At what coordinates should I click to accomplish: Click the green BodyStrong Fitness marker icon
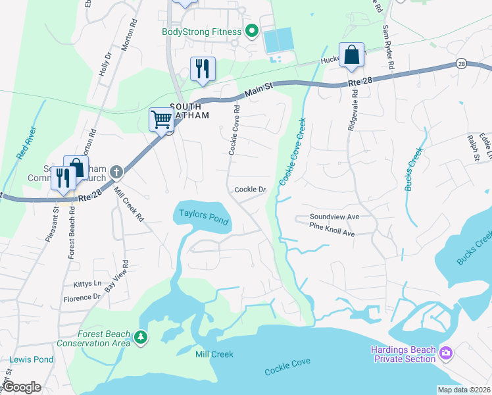coord(251,32)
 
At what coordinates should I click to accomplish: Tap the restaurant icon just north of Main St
coord(202,68)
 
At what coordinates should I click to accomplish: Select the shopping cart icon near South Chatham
coord(161,119)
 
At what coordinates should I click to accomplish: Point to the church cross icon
coord(116,172)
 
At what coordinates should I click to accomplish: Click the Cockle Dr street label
coord(250,190)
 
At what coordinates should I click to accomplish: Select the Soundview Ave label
coord(335,217)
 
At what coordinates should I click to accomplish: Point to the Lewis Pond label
coord(31,360)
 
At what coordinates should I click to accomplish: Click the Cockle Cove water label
coord(287,371)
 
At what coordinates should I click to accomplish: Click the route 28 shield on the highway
coord(460,64)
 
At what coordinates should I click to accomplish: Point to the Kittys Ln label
coord(88,284)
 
